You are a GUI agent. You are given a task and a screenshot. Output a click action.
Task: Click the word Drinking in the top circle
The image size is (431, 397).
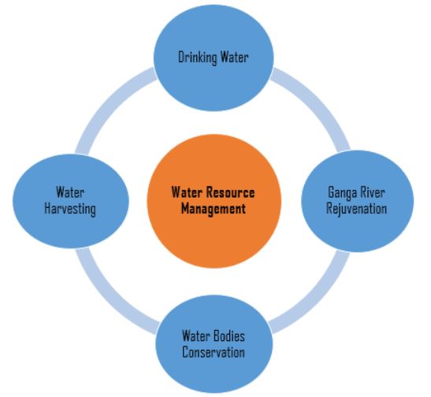point(198,58)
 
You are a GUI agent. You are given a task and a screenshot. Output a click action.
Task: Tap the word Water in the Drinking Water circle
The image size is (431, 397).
point(235,58)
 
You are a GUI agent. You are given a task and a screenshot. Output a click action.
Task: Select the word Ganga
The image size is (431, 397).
point(342,193)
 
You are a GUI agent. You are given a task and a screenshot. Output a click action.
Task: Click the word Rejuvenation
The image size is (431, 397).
point(356,209)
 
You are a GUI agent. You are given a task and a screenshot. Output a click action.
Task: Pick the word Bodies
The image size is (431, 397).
point(229,336)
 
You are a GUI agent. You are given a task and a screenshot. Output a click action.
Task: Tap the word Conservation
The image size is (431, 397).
point(214,352)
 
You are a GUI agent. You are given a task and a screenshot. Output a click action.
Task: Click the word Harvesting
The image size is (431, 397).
point(70,209)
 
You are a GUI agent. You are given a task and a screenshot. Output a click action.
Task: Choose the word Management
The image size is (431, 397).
point(214,209)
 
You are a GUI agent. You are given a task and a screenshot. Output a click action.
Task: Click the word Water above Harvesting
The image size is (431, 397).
point(70,192)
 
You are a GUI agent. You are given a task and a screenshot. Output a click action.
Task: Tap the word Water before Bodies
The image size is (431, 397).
point(196,336)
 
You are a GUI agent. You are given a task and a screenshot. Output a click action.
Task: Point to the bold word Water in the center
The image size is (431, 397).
point(187,192)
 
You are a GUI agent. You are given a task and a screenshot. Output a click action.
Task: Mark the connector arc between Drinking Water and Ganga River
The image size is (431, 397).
point(318,100)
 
